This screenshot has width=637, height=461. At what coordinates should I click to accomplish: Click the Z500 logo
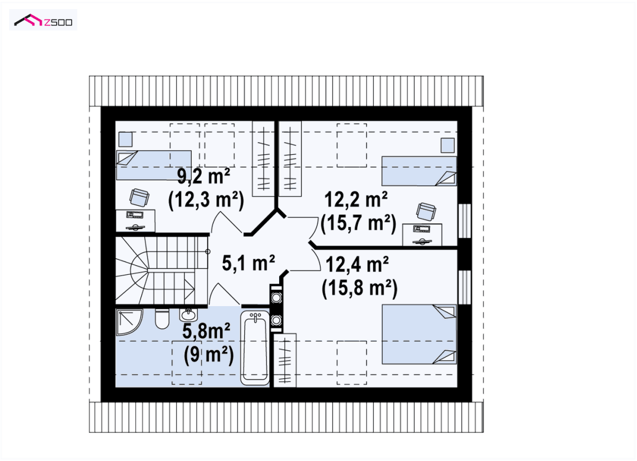point(43,20)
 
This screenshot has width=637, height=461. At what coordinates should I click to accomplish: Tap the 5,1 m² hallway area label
point(248,263)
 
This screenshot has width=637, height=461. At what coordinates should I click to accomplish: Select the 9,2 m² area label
point(204,176)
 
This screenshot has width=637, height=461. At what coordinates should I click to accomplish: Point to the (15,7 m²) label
point(358,223)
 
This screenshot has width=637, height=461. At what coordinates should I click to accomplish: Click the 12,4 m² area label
point(357,264)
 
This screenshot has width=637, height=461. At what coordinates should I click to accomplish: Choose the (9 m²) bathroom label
point(209,355)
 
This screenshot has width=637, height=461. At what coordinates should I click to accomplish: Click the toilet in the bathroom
point(162,319)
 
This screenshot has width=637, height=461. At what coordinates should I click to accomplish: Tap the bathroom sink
point(188,315)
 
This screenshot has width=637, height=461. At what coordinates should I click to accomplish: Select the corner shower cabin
point(130,322)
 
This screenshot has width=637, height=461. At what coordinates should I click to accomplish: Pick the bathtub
point(255,347)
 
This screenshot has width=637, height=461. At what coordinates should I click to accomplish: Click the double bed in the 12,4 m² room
point(419,334)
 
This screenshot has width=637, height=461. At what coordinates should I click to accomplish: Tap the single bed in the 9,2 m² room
point(154,165)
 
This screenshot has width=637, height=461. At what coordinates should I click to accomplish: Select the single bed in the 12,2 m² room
point(419,171)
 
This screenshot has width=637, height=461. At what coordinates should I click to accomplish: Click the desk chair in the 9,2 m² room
point(139,197)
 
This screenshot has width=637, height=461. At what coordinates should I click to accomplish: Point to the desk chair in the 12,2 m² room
point(426,212)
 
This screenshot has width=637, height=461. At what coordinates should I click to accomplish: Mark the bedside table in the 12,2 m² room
point(447,145)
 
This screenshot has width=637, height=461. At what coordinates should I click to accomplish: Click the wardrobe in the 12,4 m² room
point(285,360)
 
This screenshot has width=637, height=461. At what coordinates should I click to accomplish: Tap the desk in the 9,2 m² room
point(135,221)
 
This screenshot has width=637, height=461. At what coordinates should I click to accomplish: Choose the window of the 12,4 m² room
point(464,288)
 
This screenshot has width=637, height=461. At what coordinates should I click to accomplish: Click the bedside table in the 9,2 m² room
point(125,140)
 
